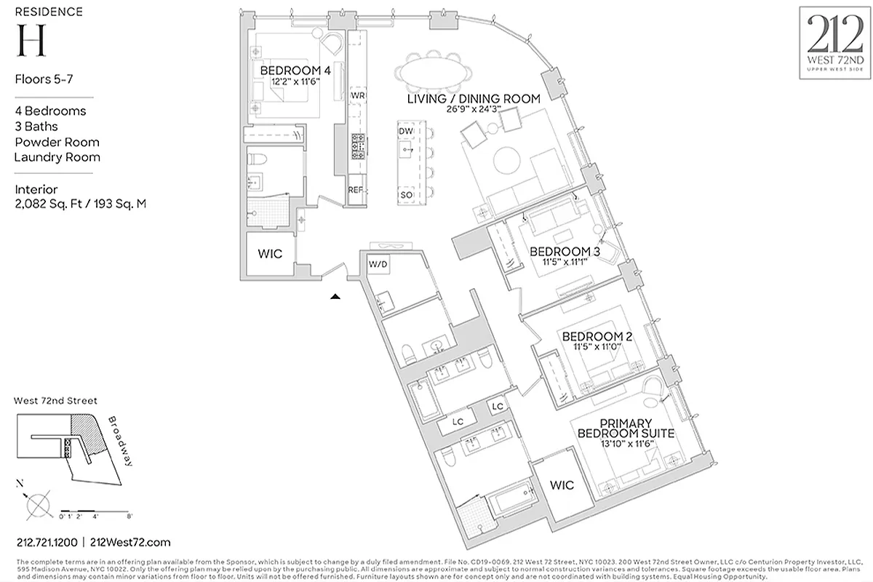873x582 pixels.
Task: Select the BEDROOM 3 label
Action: (565, 252)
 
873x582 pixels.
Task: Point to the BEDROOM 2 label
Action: (597, 337)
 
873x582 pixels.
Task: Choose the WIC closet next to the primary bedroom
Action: (562, 485)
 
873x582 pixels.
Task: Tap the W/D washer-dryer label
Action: (378, 263)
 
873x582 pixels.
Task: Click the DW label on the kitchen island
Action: (406, 130)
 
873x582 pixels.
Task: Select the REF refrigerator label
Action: (356, 189)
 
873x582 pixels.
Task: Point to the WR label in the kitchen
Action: (357, 96)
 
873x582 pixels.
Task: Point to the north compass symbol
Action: (37, 503)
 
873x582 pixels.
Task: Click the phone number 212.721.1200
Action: (47, 542)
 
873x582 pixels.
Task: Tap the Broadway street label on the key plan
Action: (119, 442)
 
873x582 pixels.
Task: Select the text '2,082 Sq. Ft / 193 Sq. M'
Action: (80, 204)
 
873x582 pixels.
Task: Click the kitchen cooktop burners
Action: (358, 148)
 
